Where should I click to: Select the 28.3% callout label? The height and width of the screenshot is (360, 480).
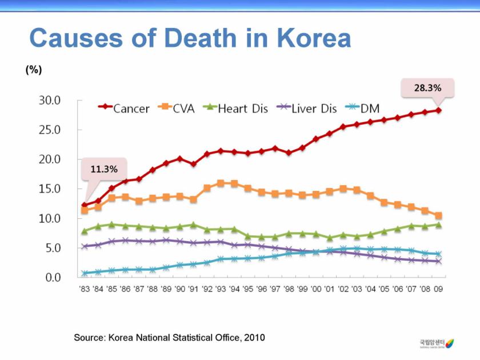(427, 88)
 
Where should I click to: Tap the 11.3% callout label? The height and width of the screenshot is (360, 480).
(104, 169)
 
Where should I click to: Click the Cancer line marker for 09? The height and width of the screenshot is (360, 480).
(439, 110)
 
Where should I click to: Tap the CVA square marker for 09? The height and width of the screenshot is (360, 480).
(439, 215)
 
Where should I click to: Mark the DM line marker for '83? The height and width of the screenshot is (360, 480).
(85, 273)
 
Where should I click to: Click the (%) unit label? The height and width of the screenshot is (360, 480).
(34, 70)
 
